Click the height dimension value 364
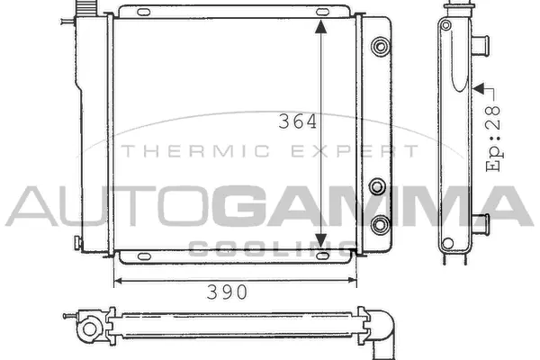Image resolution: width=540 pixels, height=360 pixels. (298, 122)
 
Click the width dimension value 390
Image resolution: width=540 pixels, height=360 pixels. (224, 292)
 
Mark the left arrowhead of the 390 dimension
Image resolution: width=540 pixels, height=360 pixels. (118, 281)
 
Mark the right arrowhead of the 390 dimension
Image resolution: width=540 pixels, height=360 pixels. (353, 281)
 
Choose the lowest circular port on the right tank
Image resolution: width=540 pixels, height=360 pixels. (381, 222)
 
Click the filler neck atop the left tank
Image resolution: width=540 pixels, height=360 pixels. (86, 7)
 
